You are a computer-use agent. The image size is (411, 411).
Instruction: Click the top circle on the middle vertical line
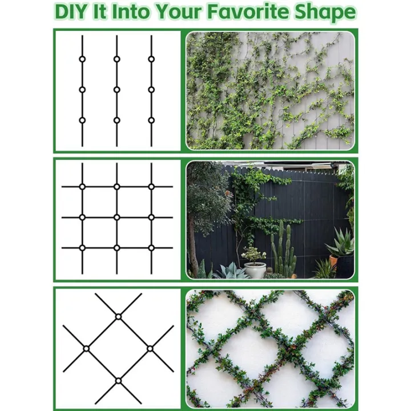tap(116, 59)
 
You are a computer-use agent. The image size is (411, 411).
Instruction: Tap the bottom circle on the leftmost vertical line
tap(82, 120)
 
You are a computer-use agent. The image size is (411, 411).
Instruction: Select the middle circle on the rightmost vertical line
tap(151, 90)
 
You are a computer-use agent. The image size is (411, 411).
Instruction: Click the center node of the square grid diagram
tap(116, 217)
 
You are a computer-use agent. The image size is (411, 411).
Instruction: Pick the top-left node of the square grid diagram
tap(82, 187)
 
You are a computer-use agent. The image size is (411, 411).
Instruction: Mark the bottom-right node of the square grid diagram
tap(151, 248)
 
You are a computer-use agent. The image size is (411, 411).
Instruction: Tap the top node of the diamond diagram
tap(118, 316)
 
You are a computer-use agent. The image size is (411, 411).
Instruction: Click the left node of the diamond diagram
tap(86, 348)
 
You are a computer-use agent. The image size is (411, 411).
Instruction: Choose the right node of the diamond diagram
tap(150, 348)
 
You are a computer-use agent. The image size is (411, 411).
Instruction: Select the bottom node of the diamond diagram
tap(118, 380)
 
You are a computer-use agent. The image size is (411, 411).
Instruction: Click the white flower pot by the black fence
tap(255, 269)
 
